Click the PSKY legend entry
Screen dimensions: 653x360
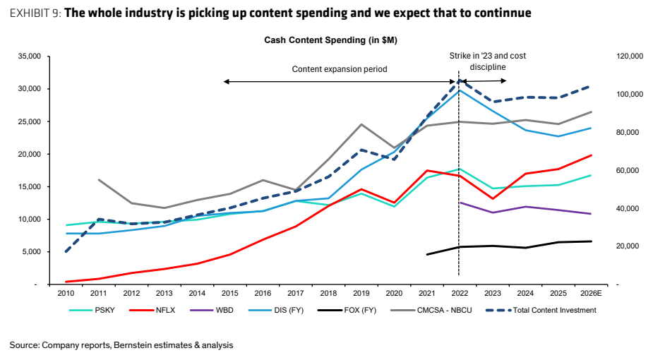click(x=92, y=310)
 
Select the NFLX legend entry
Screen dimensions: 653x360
click(x=152, y=310)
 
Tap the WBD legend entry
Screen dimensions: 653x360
click(x=212, y=310)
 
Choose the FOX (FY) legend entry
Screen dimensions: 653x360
click(x=347, y=310)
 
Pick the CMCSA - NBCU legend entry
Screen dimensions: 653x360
click(x=431, y=310)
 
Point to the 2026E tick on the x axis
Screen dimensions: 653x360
click(x=591, y=294)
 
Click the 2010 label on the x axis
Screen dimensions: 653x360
click(x=66, y=294)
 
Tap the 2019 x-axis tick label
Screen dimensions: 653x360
click(x=361, y=294)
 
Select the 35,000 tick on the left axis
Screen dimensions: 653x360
click(x=29, y=56)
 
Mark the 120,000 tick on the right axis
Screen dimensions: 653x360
click(x=630, y=56)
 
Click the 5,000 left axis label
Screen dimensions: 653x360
click(x=31, y=252)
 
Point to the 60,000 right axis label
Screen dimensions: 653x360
click(x=628, y=170)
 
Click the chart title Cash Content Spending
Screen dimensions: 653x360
click(x=330, y=40)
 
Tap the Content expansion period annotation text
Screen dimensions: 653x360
click(x=340, y=69)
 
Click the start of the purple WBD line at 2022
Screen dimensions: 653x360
click(x=460, y=203)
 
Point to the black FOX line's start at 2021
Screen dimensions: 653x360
click(x=427, y=254)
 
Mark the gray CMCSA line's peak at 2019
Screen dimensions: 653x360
click(x=361, y=124)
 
